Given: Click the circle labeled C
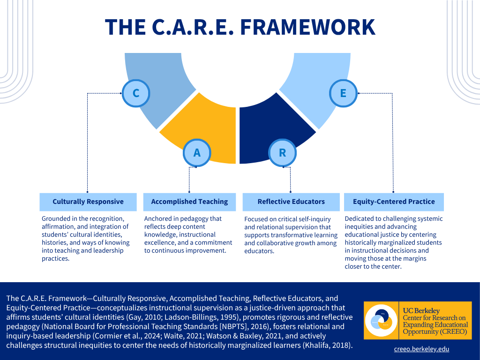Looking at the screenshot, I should tap(136, 93).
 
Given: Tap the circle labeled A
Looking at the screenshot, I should tap(197, 152).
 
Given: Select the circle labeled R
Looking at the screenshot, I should tap(282, 152).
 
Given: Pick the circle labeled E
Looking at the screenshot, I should tap(343, 93).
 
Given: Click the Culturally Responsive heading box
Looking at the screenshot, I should tap(88, 202).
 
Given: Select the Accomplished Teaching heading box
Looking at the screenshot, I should tap(189, 202).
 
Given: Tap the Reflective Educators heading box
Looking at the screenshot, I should tap(291, 202).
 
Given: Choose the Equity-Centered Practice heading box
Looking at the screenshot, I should tap(394, 202).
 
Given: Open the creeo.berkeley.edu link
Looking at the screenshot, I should tap(421, 349).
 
